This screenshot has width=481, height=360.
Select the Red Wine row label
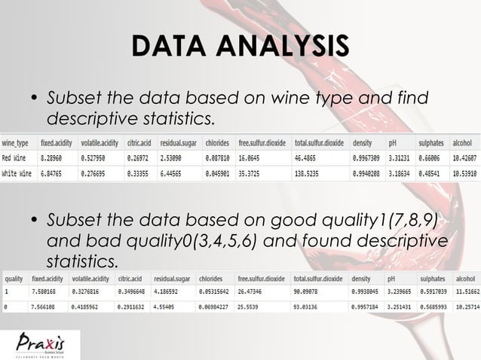17,159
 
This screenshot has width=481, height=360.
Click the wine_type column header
17,143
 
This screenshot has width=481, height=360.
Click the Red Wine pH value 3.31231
401,159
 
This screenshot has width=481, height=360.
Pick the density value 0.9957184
366,307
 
